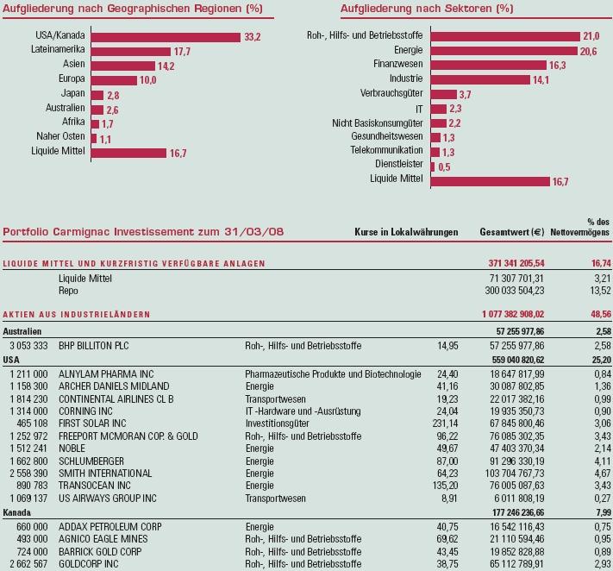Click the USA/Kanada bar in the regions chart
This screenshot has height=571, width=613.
click(165, 37)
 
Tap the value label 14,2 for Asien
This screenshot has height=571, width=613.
click(166, 66)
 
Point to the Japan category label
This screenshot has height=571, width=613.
click(72, 93)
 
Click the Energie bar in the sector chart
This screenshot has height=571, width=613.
click(504, 51)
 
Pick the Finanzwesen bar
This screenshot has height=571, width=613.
click(488, 65)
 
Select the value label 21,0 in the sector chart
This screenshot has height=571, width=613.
click(591, 36)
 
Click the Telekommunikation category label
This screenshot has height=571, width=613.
click(386, 150)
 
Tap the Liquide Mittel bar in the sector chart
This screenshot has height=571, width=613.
click(489, 181)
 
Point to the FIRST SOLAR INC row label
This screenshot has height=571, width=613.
click(92, 424)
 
